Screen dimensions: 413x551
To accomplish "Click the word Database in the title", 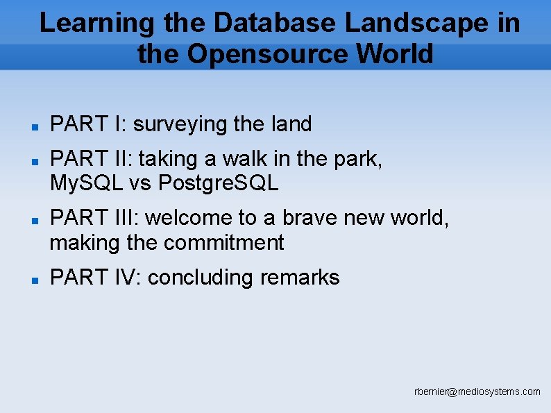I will click(x=275, y=23).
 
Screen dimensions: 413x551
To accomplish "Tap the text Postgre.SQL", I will click(x=219, y=183).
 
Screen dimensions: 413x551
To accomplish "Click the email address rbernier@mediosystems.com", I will click(x=477, y=392).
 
